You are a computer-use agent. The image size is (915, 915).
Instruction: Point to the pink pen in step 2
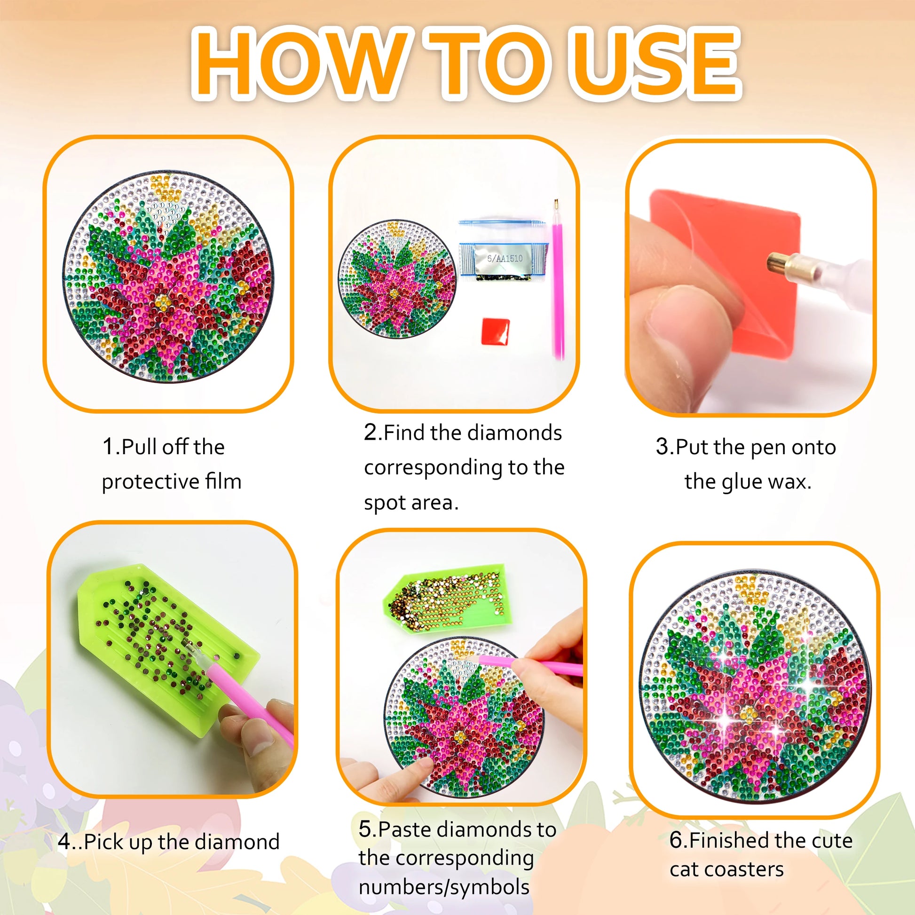pos(559,279)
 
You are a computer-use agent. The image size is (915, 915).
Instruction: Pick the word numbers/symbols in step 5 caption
pos(444,887)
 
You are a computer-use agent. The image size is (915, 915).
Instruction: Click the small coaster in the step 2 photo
pos(397,278)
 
